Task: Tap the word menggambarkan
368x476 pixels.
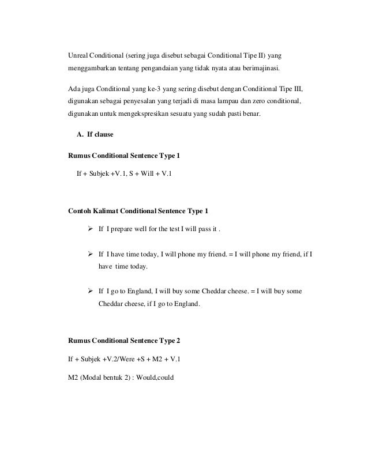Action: tap(91, 70)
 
